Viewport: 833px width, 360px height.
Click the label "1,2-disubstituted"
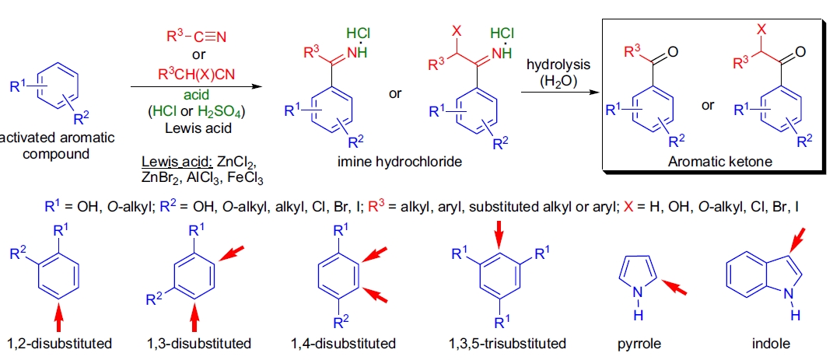[x=60, y=343]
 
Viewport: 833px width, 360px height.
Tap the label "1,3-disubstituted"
[x=199, y=343]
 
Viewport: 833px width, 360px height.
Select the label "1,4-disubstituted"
[x=343, y=343]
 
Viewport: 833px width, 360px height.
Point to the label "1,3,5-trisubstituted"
[x=507, y=343]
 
